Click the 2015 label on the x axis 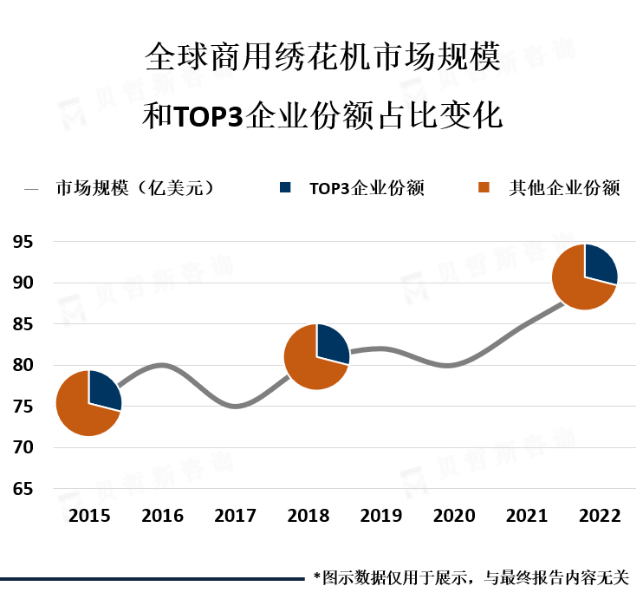(x=89, y=516)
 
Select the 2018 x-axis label (x=309, y=516)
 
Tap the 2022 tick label (x=600, y=516)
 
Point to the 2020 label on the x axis (x=454, y=516)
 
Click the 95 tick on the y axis (x=23, y=242)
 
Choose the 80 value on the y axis (x=23, y=365)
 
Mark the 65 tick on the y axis (x=23, y=489)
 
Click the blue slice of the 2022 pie (x=599, y=264)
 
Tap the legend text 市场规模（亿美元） (x=134, y=187)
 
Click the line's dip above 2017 (x=236, y=406)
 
